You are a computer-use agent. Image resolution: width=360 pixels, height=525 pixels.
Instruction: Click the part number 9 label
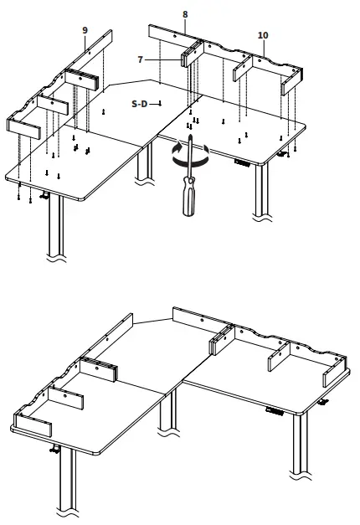[85, 30]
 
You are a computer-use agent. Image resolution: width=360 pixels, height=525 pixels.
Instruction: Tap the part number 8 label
[185, 14]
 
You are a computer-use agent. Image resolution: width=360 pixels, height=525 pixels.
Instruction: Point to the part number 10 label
[263, 35]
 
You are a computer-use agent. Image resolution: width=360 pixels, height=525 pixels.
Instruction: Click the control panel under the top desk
[244, 162]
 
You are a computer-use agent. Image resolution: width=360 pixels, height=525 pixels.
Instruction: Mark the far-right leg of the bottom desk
[298, 461]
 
